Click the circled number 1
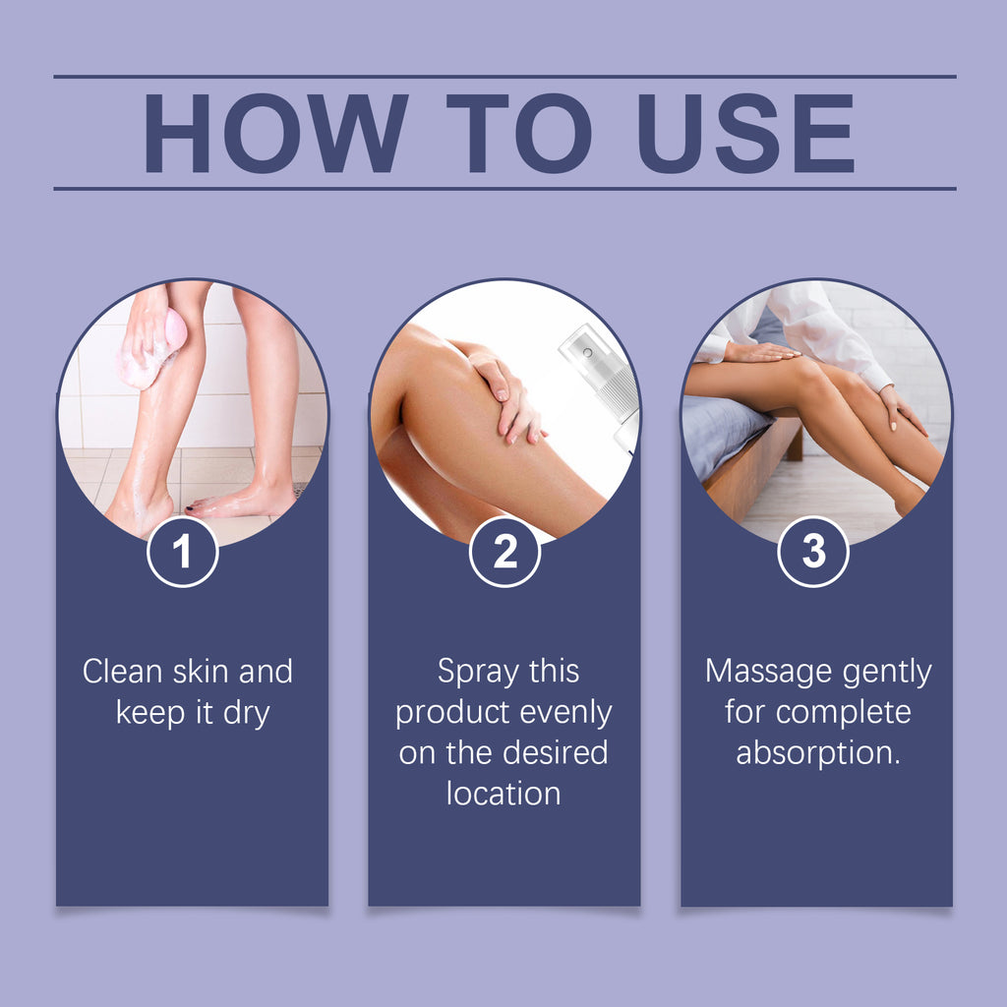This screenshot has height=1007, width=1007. (182, 553)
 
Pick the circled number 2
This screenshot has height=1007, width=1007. (504, 553)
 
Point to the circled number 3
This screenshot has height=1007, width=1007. (813, 553)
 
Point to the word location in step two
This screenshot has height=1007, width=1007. (503, 793)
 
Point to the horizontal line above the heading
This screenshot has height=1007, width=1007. (504, 76)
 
